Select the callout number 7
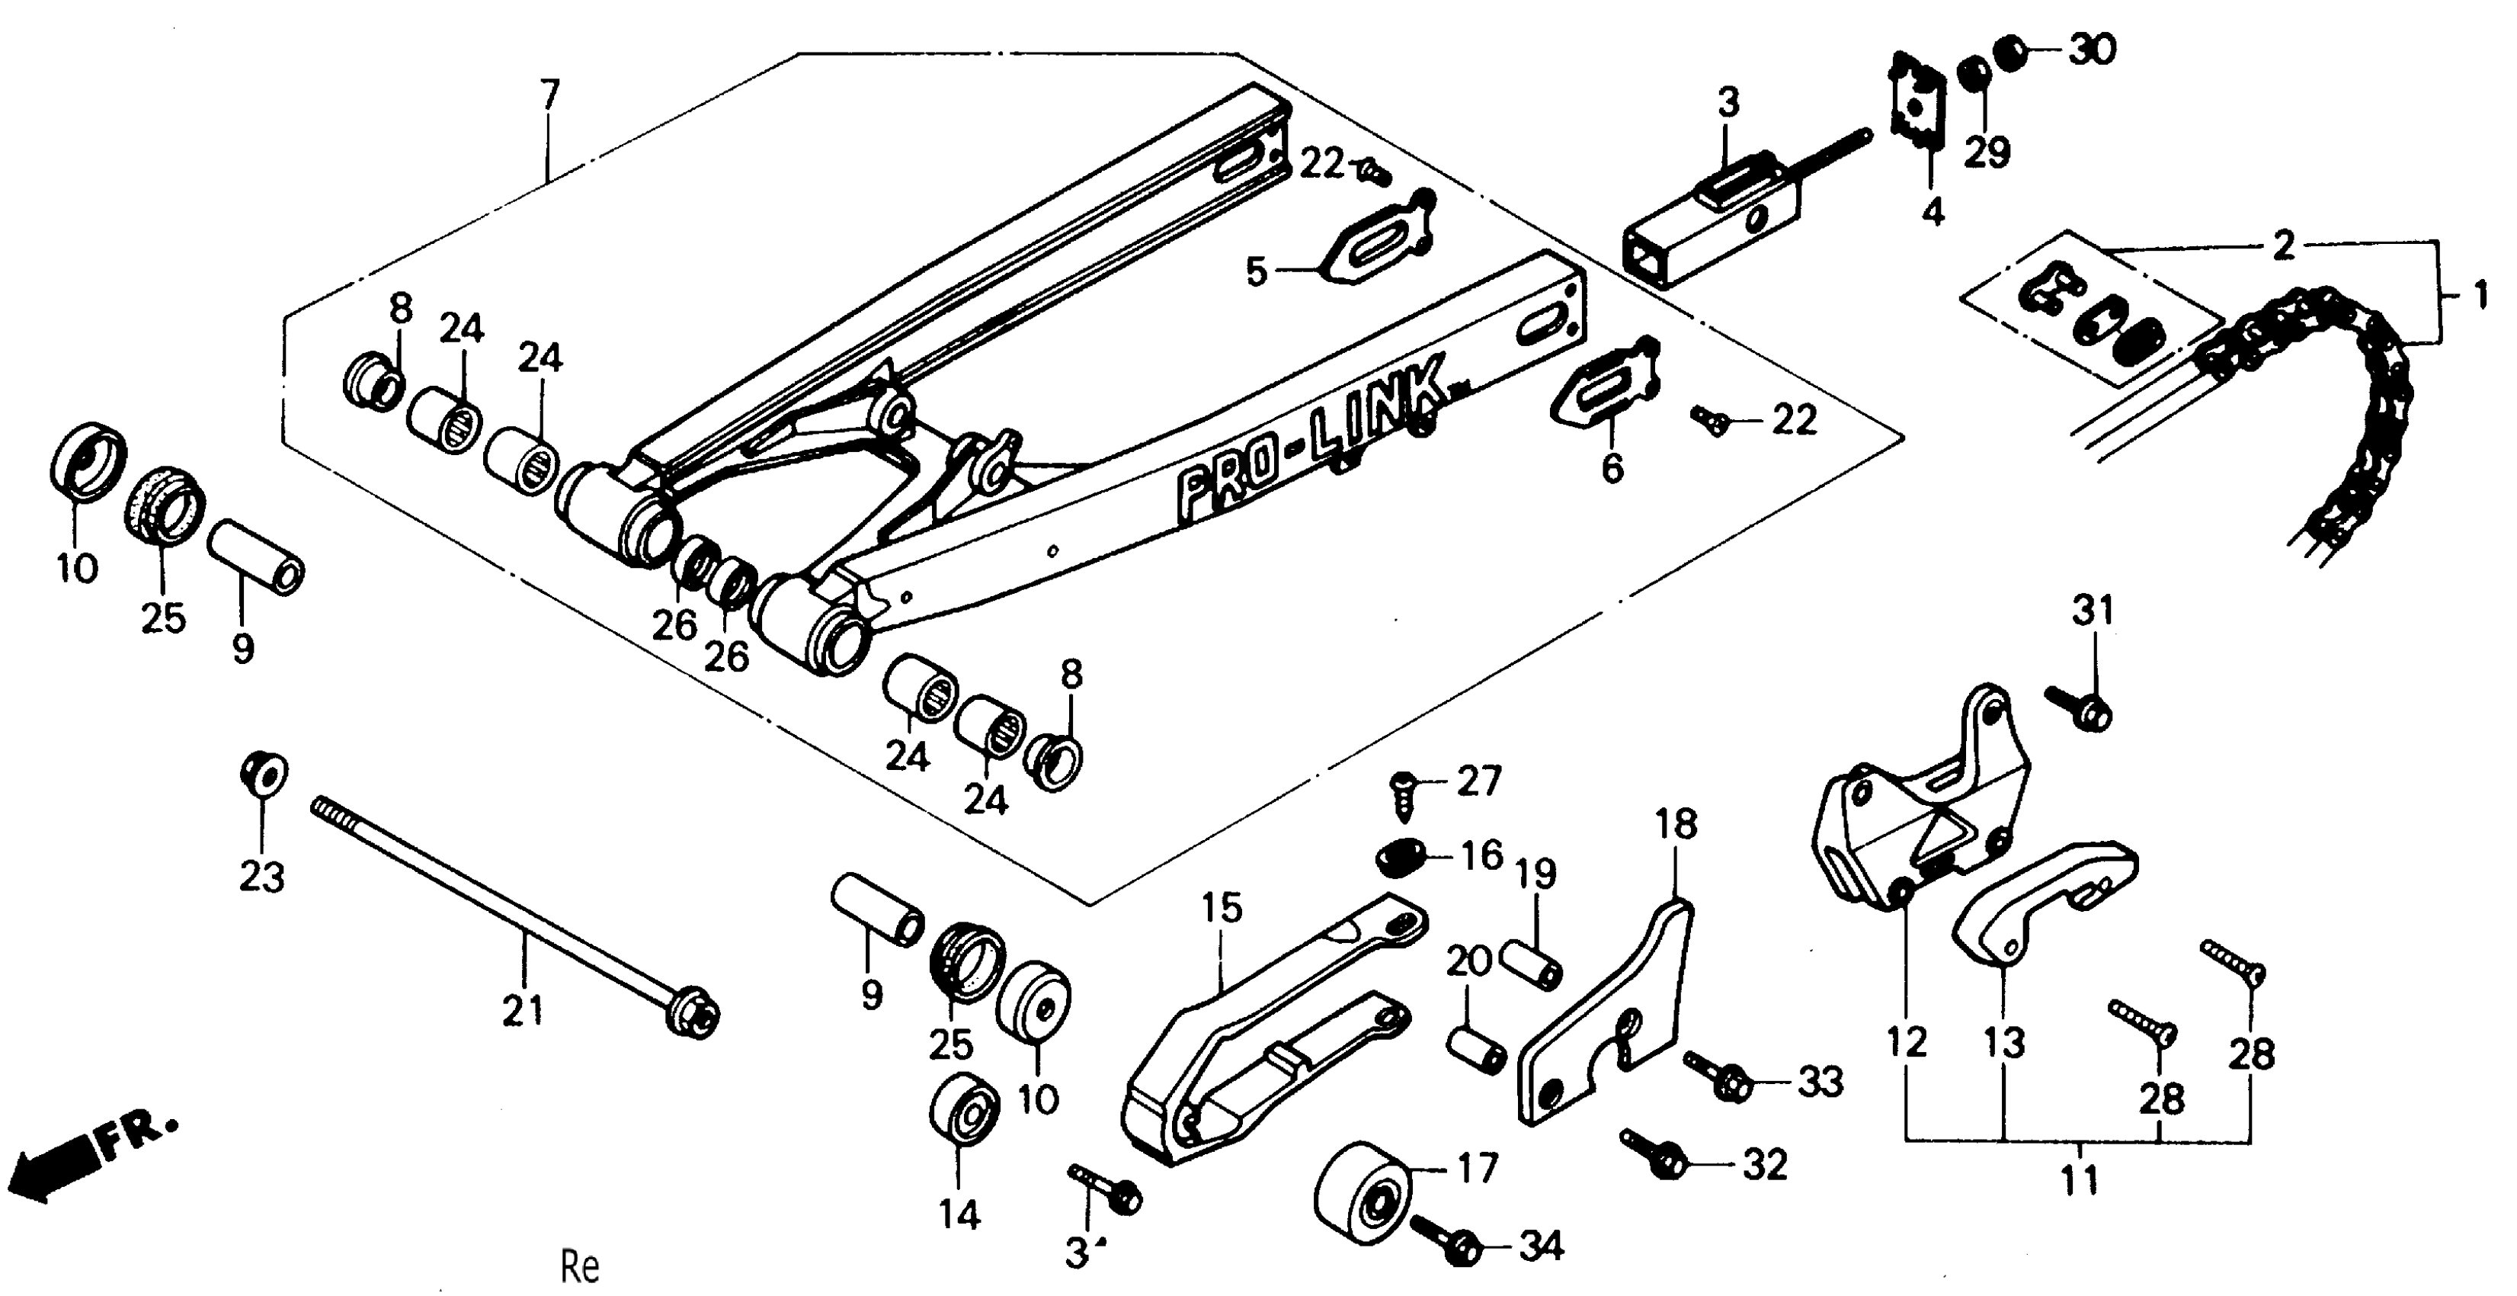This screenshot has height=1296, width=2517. tap(550, 95)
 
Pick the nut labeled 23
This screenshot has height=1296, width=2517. tap(263, 773)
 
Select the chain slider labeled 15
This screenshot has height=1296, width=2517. tap(1270, 1026)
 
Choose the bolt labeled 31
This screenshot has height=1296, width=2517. tap(2081, 707)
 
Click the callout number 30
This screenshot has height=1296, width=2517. tap(2091, 49)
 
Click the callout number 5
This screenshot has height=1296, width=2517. tap(1257, 271)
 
